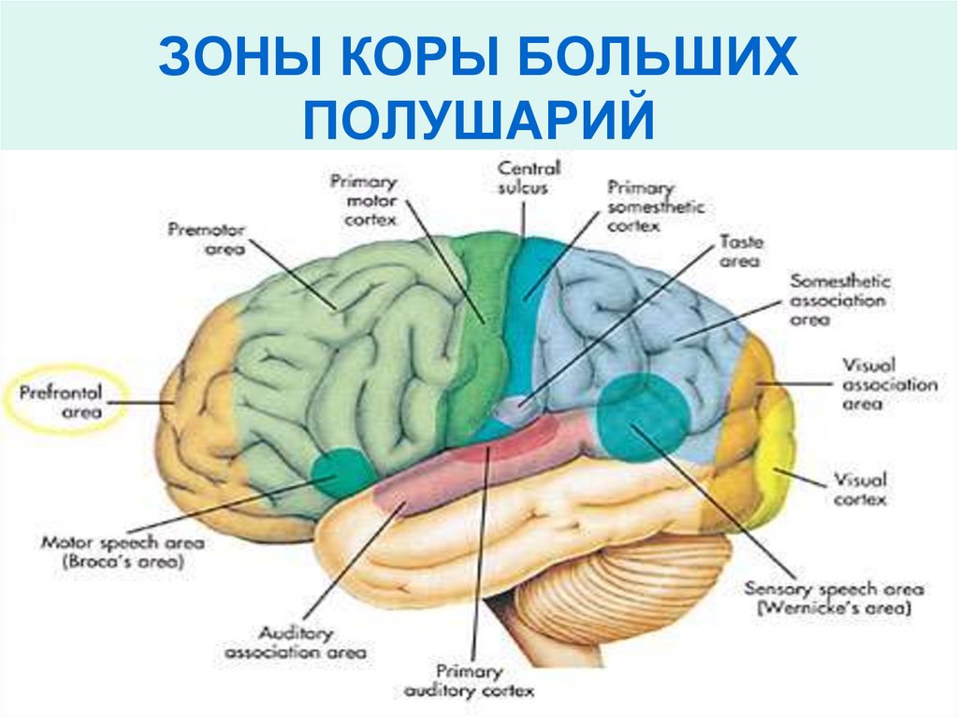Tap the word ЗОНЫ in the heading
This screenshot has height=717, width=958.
click(225, 58)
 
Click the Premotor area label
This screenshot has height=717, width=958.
click(206, 239)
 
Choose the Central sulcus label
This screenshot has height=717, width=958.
click(530, 178)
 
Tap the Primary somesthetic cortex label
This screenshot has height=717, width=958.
click(656, 205)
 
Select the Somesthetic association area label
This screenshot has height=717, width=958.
click(840, 300)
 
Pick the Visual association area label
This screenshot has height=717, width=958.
click(889, 383)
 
